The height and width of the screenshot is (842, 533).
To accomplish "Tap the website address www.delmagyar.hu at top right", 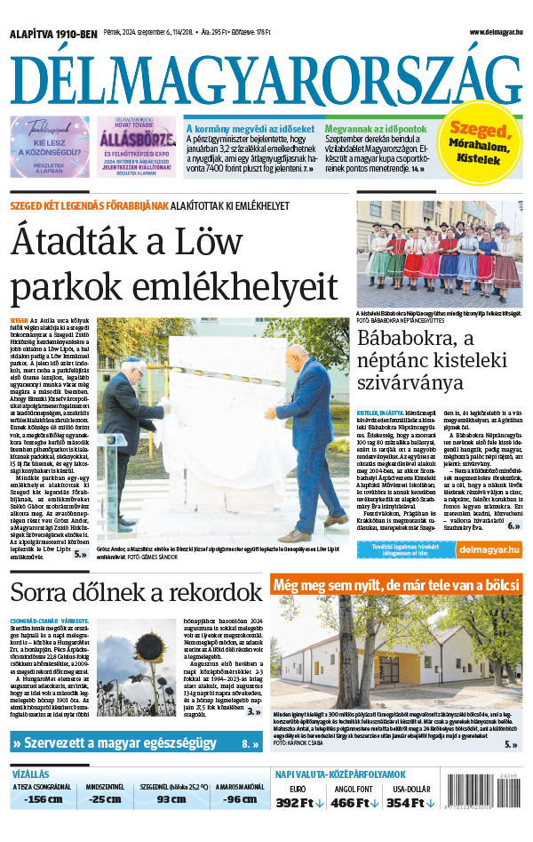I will tap(496, 33).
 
